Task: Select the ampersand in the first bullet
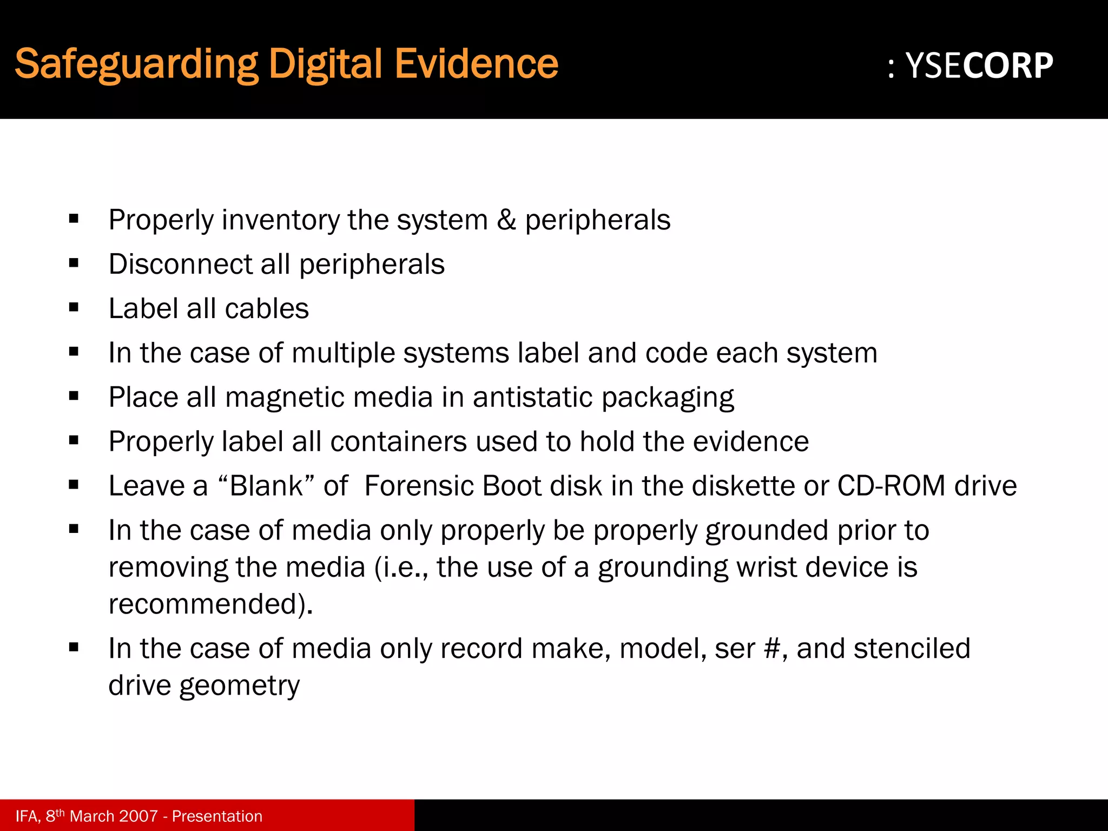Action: tap(506, 220)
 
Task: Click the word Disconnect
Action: tap(180, 264)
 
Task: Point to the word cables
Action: tap(267, 308)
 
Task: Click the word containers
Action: tap(398, 441)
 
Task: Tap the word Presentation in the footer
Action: tap(217, 816)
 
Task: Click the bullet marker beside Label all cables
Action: tap(74, 308)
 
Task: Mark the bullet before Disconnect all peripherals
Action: tap(74, 263)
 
